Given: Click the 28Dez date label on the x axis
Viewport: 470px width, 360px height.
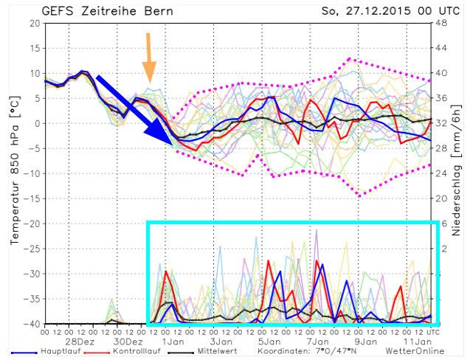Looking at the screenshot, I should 80,342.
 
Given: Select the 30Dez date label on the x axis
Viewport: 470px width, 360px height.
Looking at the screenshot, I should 128,342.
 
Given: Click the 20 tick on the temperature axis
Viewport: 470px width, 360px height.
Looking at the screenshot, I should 34,23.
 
